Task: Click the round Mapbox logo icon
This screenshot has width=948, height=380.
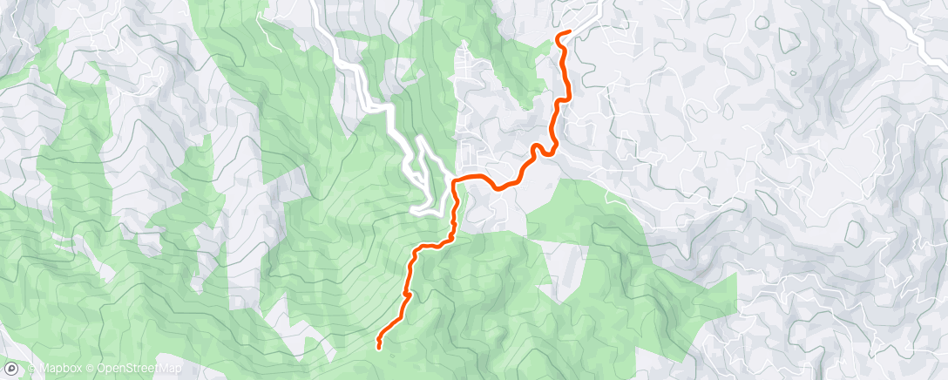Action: click(11, 370)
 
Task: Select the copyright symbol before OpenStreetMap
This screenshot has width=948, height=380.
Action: click(91, 370)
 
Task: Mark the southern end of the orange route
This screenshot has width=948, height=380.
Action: click(379, 347)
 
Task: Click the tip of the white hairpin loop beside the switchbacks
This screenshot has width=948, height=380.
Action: click(419, 139)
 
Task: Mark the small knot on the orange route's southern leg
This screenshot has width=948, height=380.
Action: click(406, 295)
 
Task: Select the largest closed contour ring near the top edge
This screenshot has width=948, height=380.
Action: click(789, 39)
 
